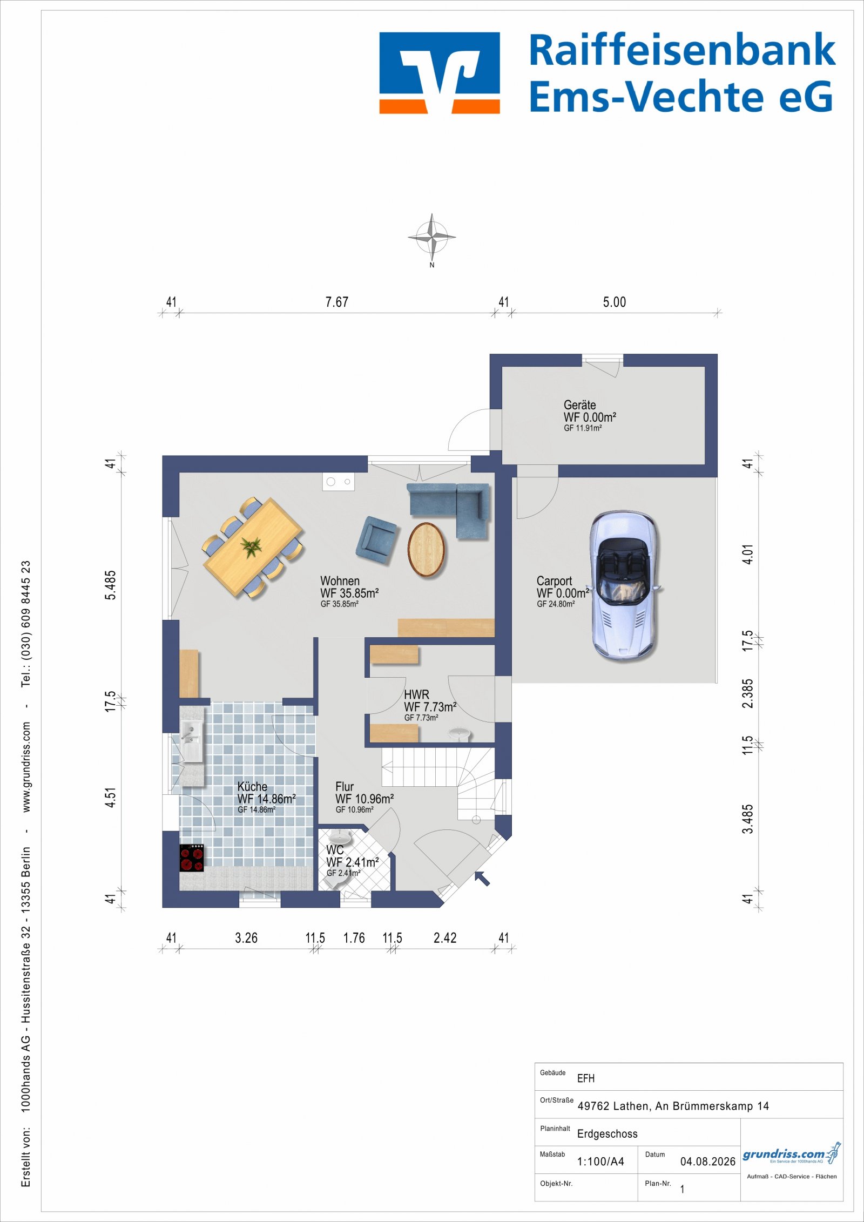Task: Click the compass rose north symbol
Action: (x=431, y=238)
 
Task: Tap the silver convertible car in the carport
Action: (x=625, y=585)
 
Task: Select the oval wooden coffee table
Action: (x=427, y=550)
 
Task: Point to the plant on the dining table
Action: (x=251, y=546)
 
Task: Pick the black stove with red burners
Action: (x=192, y=858)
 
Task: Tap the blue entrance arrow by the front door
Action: (x=482, y=878)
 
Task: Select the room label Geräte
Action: (x=579, y=405)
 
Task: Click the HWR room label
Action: (x=416, y=694)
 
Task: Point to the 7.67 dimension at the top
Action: (x=336, y=302)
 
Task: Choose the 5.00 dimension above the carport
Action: (x=615, y=302)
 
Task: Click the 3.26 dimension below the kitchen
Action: (x=246, y=938)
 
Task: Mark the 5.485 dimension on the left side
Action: (x=110, y=585)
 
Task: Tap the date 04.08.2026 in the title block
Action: (x=707, y=1162)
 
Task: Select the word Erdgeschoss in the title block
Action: (x=607, y=1134)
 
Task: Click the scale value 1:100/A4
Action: (x=600, y=1162)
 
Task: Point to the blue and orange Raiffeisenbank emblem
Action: (x=440, y=73)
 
